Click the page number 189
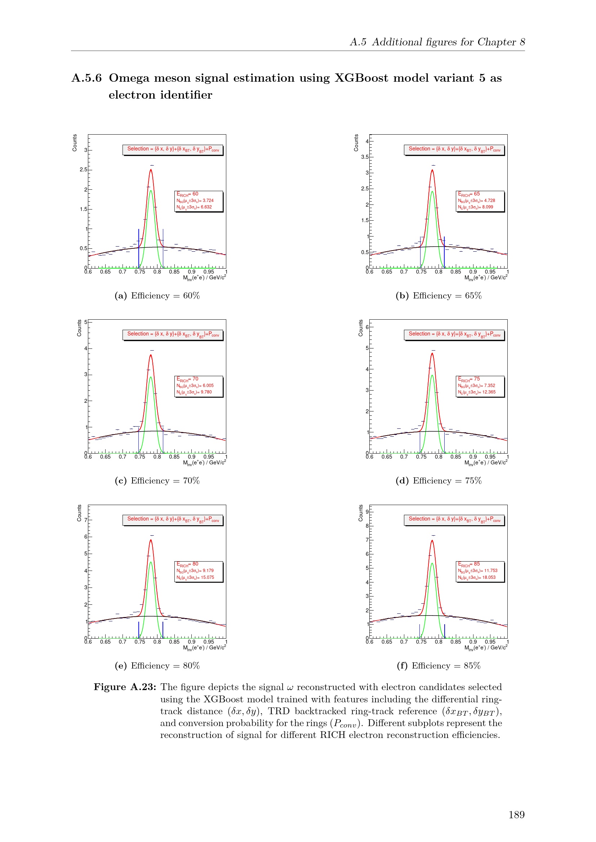pos(516,815)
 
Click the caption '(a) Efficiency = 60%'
pos(157,296)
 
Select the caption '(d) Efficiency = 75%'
pos(439,481)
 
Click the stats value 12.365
pos(489,392)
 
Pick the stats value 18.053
pos(489,577)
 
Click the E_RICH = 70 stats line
pos(187,379)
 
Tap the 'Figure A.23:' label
pos(125,687)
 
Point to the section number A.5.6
pos(86,78)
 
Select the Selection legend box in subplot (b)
pos(454,150)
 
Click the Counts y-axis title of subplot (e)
pos(79,513)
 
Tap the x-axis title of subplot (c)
pos(204,463)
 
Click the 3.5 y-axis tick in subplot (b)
pos(364,157)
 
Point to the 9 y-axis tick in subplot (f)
pos(366,512)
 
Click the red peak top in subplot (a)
pos(151,170)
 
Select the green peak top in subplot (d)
pos(432,375)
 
